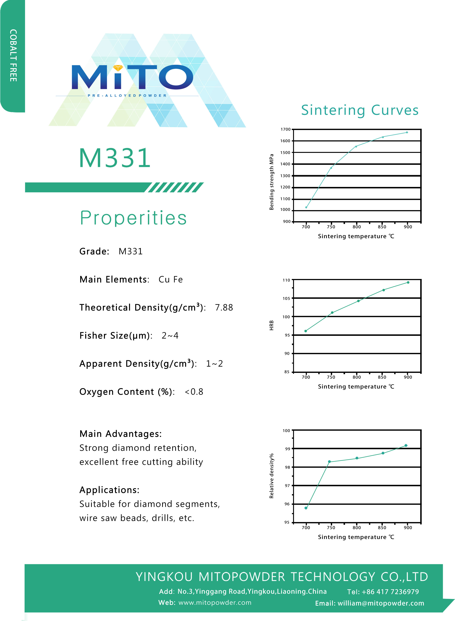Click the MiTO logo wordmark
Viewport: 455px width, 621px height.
[132, 77]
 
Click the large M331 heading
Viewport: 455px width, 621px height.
[115, 158]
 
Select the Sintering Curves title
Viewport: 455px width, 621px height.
[360, 110]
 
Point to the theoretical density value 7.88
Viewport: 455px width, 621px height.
[224, 307]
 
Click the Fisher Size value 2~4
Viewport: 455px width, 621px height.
[170, 335]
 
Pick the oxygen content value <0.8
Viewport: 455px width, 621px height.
[194, 392]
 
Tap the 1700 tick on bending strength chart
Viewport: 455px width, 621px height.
[285, 129]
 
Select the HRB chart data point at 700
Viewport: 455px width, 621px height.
[306, 331]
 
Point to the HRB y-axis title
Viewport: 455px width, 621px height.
[272, 325]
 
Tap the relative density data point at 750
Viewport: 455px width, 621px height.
[329, 462]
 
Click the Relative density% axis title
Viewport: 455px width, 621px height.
[272, 476]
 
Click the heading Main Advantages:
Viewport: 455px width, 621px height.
[121, 434]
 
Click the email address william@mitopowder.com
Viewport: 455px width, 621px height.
[381, 603]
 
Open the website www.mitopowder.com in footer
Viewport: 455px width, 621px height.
[215, 603]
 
